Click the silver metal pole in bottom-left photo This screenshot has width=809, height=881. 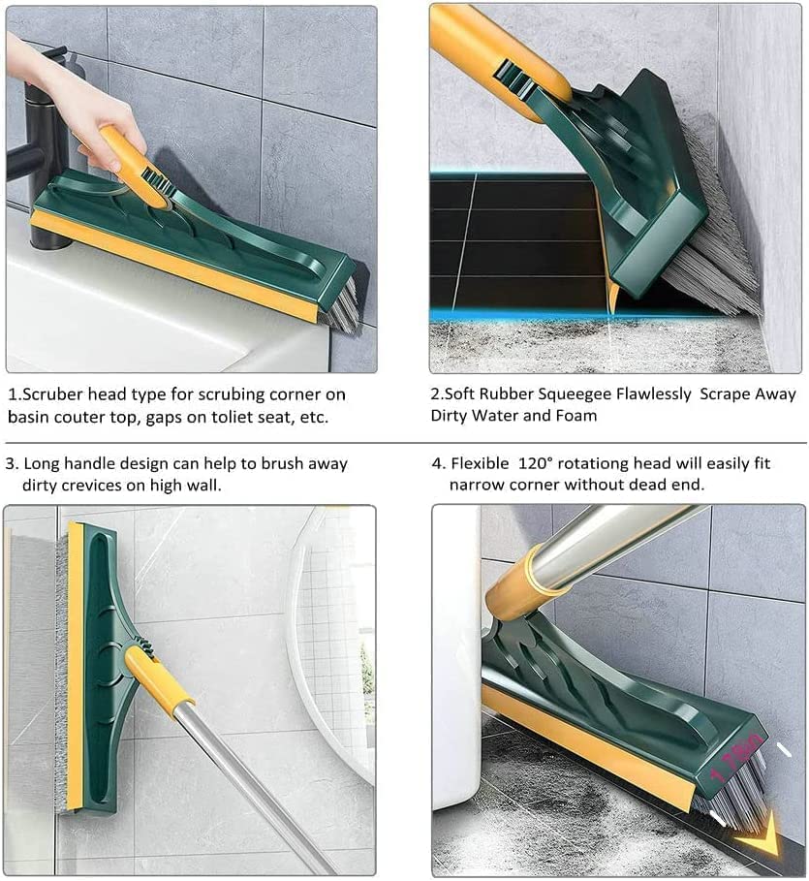[x=242, y=775]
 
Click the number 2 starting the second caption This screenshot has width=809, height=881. [x=435, y=394]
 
